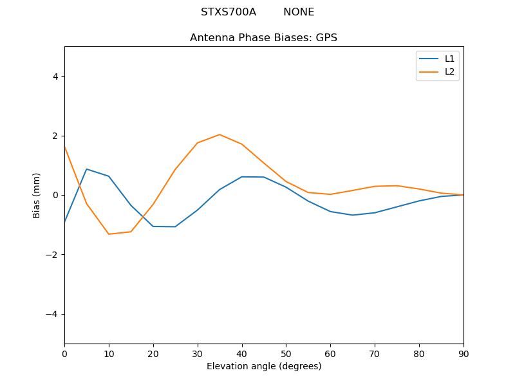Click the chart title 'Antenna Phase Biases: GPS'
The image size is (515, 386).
263,38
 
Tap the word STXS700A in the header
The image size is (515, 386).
229,12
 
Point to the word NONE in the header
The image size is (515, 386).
299,12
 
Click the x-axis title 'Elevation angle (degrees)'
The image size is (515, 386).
264,366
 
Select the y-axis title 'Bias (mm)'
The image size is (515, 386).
37,195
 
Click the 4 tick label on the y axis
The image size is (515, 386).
55,77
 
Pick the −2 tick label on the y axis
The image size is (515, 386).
52,255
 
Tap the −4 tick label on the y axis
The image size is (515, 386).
52,314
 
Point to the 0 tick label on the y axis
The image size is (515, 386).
55,195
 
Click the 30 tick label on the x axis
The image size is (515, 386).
198,353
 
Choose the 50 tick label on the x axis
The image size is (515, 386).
286,353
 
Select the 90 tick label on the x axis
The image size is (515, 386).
464,353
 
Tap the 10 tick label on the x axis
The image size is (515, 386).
109,353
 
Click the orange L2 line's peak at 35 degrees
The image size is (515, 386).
220,134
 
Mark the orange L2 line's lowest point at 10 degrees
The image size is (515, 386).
109,234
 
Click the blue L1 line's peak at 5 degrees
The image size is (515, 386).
87,169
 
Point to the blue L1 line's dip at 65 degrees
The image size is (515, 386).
353,215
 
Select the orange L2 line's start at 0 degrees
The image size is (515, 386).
65,147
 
